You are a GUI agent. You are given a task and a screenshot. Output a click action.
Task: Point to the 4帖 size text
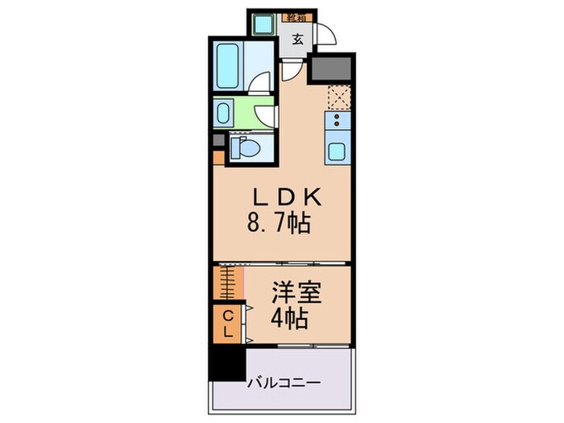(290, 319)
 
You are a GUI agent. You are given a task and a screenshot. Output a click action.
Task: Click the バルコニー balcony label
(283, 384)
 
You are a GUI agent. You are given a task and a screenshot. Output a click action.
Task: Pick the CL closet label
(228, 322)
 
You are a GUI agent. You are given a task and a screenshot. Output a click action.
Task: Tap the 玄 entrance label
(297, 39)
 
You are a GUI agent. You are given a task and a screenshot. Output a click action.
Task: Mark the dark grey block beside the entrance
(331, 69)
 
